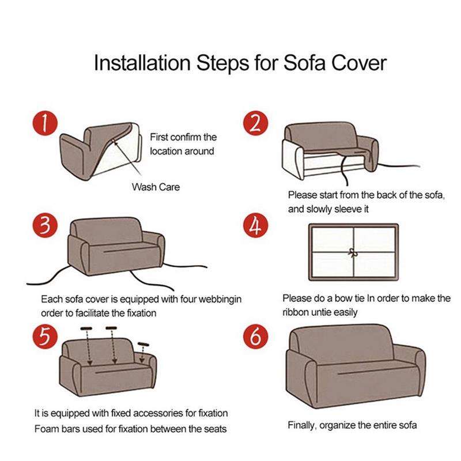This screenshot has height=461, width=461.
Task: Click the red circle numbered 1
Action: [45, 123]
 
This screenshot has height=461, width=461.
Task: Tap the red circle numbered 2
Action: [256, 123]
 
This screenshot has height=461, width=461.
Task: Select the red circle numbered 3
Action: [45, 225]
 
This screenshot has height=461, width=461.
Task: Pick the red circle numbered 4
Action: [256, 225]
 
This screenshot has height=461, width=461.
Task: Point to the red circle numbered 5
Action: [45, 337]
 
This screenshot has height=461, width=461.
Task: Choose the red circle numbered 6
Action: [256, 337]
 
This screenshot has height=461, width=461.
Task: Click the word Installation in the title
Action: [142, 63]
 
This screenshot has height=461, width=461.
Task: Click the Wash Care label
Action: [156, 187]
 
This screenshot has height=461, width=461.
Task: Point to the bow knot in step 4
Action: [352, 252]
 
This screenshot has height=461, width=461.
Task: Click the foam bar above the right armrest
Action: [143, 344]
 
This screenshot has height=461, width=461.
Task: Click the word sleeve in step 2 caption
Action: [348, 209]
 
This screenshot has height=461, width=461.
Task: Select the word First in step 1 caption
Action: [159, 137]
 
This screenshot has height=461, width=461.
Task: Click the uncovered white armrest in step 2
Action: [293, 159]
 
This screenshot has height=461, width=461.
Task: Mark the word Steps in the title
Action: [222, 63]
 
